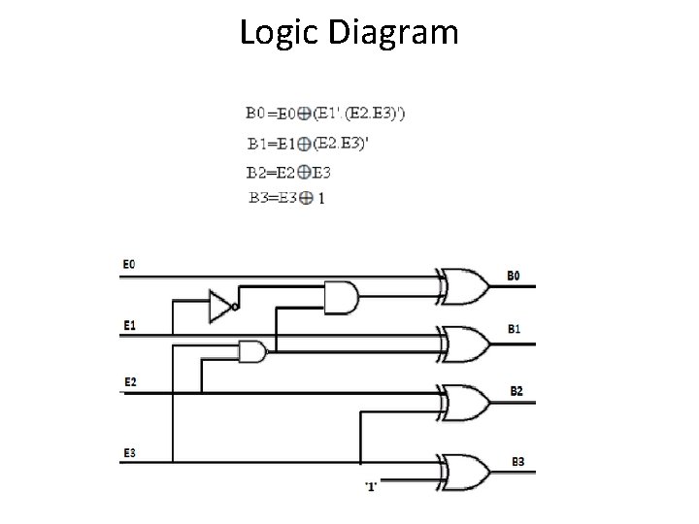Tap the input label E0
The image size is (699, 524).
coord(129,264)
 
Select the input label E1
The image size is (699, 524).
coord(129,324)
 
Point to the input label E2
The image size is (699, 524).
coord(129,381)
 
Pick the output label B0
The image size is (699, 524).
coord(514,276)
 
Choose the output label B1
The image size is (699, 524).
coord(514,330)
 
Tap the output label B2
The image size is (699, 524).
coord(516,390)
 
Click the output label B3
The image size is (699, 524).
coord(516,461)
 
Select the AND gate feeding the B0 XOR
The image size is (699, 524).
coord(340,298)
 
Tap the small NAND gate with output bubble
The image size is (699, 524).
coord(253,351)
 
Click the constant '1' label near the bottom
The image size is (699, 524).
coord(370,485)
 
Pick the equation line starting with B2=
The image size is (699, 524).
coord(288,174)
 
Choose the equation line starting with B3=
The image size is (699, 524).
coord(285,198)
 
